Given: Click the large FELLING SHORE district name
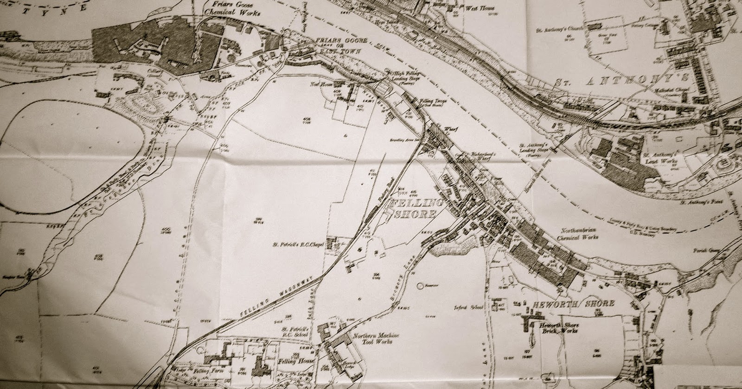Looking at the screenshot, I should pos(414,209).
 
